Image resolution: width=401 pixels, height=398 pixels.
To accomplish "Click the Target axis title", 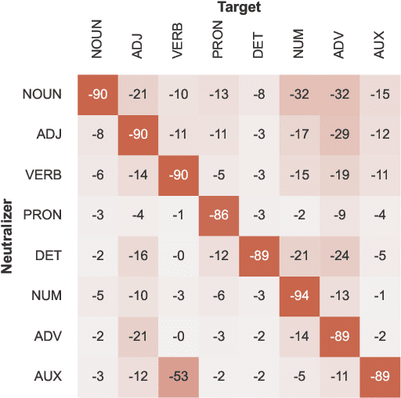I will tap(239, 8).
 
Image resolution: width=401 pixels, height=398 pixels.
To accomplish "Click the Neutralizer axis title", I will tap(9, 236).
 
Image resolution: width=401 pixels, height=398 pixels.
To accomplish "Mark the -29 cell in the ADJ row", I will tap(340, 135).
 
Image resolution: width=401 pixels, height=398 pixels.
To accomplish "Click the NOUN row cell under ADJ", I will tap(137, 94).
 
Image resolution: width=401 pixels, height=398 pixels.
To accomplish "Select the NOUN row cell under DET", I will tap(259, 94).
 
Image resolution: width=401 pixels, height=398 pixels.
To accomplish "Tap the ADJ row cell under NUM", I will tap(299, 135).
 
